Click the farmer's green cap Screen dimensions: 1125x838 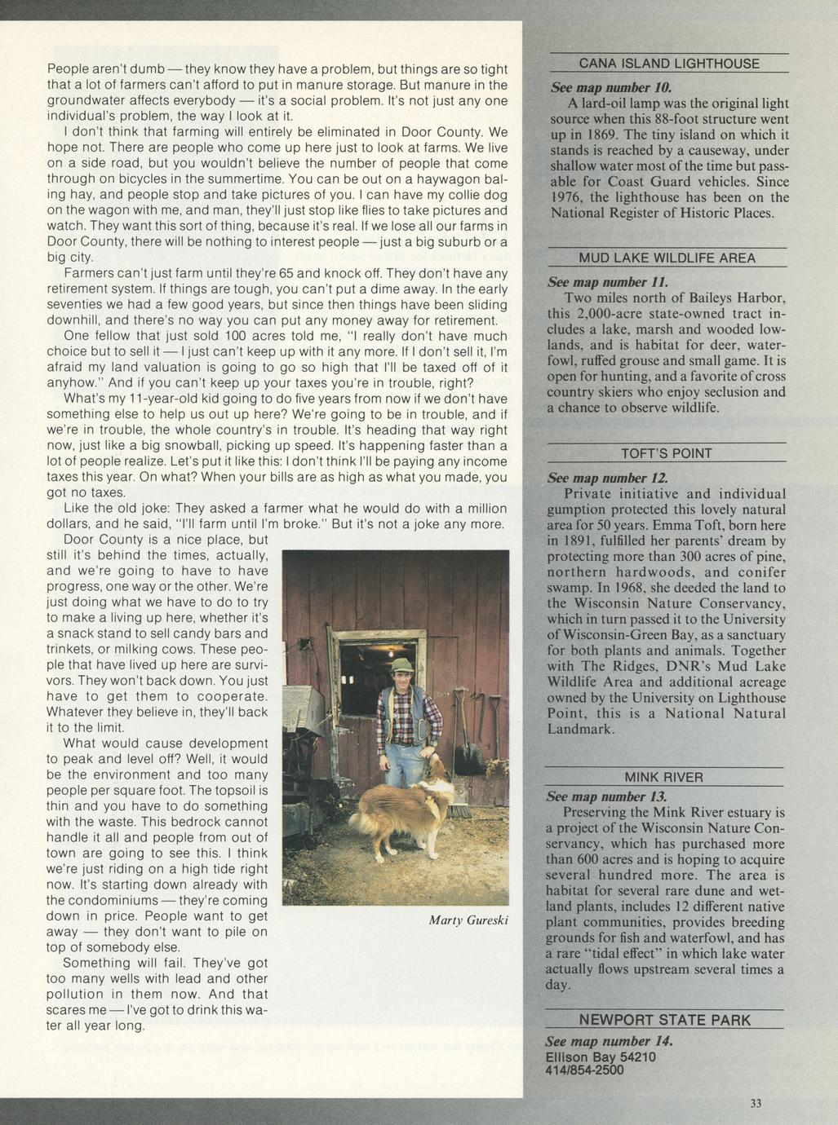point(401,665)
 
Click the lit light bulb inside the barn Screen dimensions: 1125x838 point(390,653)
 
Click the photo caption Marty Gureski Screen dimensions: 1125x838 point(468,920)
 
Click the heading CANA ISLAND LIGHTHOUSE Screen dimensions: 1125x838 point(668,64)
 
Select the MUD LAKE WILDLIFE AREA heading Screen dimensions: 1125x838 point(667,258)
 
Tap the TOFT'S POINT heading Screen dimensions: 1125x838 point(666,453)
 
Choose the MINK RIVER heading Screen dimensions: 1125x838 point(663,777)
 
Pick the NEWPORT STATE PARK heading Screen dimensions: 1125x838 point(664,1020)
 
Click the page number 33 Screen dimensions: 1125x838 point(756,1103)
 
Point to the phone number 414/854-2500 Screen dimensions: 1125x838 point(584,1070)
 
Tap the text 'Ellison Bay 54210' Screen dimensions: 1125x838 point(600,1057)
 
